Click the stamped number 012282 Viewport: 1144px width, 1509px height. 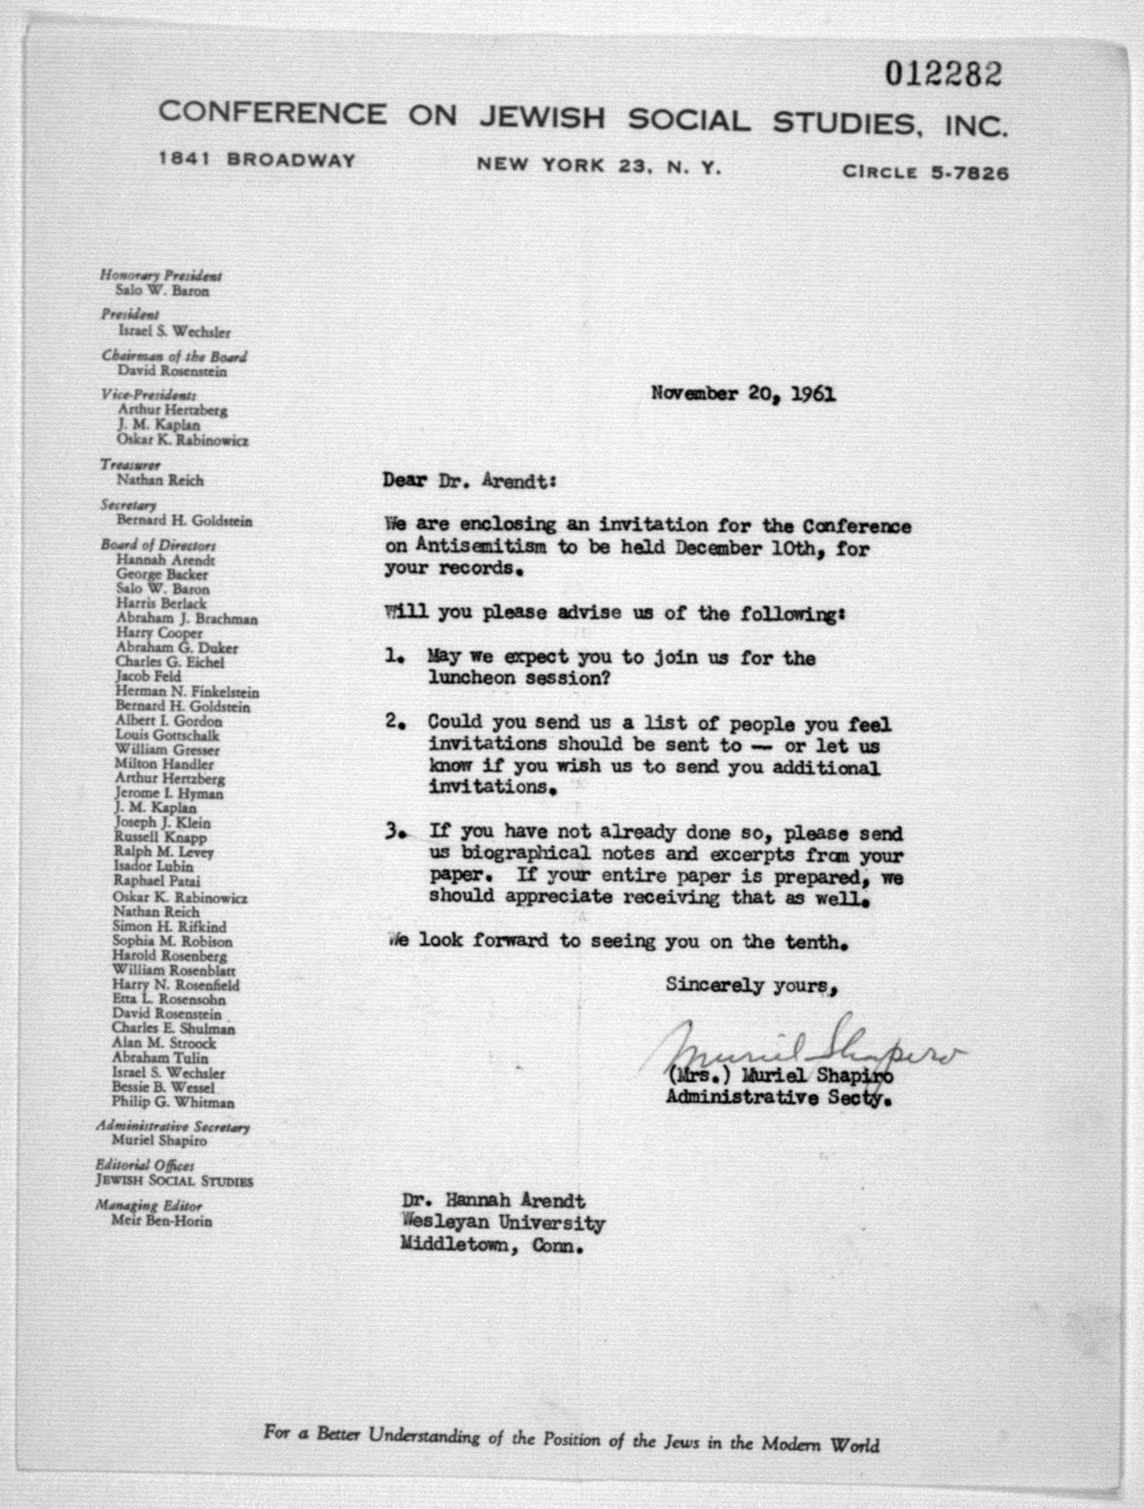click(x=944, y=74)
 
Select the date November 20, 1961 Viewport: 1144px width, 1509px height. click(x=743, y=394)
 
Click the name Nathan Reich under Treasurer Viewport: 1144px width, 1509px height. click(x=160, y=480)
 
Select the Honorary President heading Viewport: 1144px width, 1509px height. click(x=161, y=276)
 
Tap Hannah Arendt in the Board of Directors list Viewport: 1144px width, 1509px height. click(x=165, y=560)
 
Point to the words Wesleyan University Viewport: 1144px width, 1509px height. click(x=504, y=1223)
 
